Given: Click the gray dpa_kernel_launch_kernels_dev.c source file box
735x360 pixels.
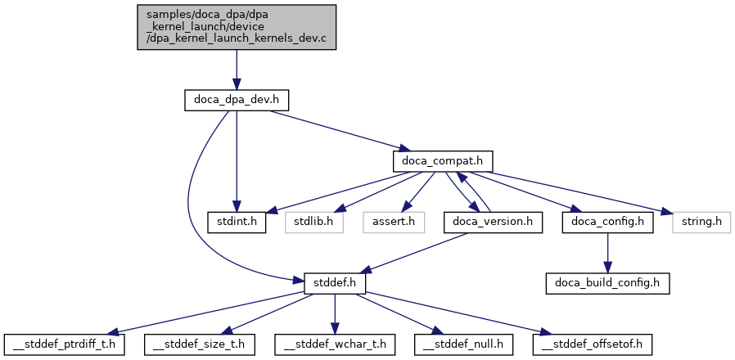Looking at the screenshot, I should [x=236, y=27].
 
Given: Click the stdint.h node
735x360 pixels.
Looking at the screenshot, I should [x=236, y=222].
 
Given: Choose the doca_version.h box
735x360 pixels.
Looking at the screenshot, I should [x=493, y=222].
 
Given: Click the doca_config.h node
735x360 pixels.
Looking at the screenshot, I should [x=607, y=222].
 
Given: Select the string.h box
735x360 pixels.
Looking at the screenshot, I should [x=701, y=222].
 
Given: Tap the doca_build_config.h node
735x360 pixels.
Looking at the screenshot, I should [x=608, y=282].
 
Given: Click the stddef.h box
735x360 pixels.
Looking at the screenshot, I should [x=334, y=282].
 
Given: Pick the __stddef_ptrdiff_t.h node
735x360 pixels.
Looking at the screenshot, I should [x=64, y=344].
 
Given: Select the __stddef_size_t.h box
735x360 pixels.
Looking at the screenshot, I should [x=199, y=344].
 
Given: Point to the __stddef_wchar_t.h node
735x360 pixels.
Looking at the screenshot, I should [x=334, y=344].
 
